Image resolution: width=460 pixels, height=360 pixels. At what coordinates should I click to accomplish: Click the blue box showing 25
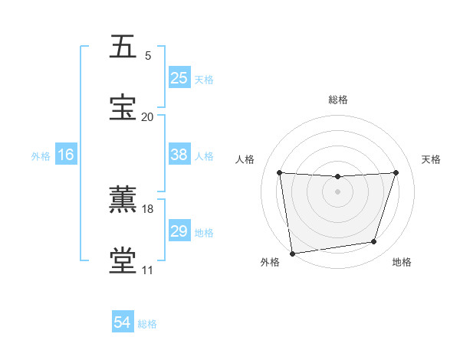[x=179, y=77]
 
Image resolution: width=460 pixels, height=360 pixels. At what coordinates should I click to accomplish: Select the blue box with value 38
[x=179, y=155]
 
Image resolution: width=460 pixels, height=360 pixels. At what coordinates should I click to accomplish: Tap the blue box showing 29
[x=179, y=231]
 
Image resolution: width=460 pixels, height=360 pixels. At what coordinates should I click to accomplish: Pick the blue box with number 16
[x=66, y=155]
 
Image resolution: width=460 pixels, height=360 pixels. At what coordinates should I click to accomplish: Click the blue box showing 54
[x=123, y=323]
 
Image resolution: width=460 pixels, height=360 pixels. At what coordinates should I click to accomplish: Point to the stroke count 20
[x=147, y=116]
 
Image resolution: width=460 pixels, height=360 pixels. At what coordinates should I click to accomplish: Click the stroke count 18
[x=148, y=208]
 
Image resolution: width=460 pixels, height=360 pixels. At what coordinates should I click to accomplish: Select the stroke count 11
[x=147, y=270]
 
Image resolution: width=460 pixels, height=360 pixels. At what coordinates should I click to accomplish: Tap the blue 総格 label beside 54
[x=147, y=324]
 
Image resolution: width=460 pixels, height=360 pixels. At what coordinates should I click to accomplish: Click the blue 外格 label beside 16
[x=41, y=156]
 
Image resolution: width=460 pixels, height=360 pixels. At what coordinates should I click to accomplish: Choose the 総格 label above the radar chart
[x=338, y=100]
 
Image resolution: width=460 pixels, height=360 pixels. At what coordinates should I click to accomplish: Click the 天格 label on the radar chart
[x=432, y=159]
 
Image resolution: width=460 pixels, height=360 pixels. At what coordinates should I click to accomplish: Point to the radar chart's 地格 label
[x=402, y=263]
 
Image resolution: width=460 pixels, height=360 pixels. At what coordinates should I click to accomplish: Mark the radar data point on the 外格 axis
[x=292, y=253]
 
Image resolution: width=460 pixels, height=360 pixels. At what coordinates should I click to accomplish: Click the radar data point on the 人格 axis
[x=280, y=173]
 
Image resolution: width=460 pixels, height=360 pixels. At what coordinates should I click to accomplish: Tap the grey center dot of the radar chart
[x=337, y=191]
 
